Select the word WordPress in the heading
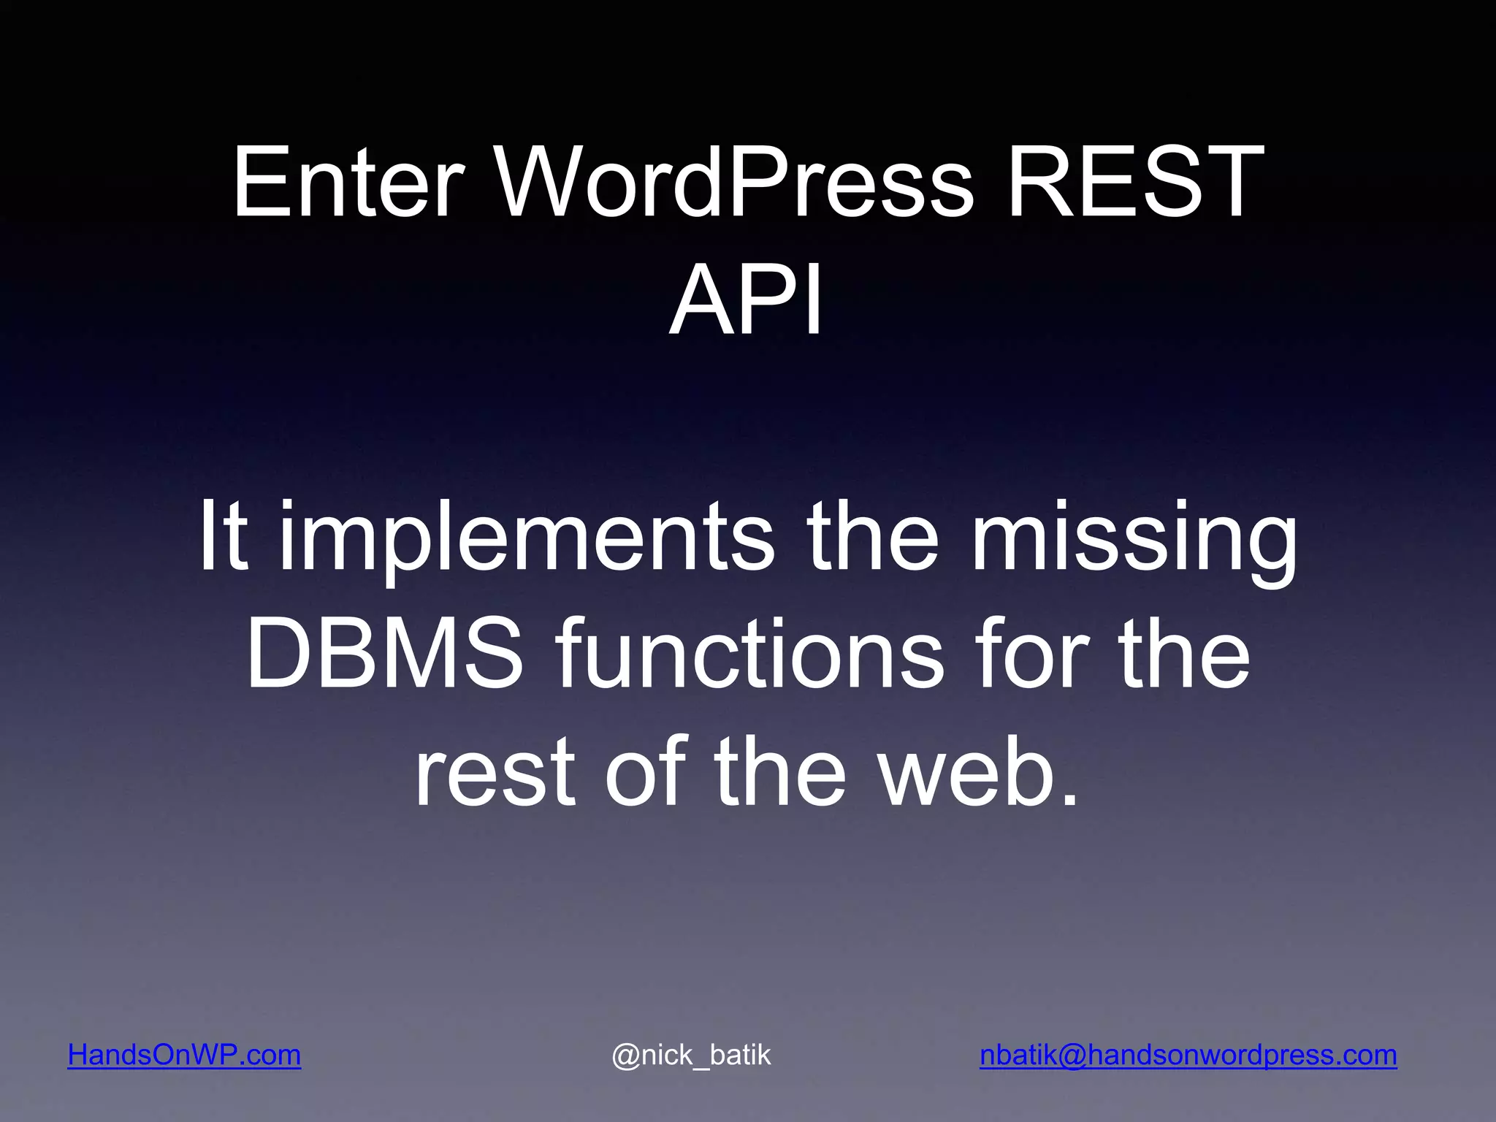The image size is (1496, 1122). (734, 182)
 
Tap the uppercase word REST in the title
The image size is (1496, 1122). (1135, 182)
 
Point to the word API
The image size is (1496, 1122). (747, 300)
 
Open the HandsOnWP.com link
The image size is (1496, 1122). (184, 1055)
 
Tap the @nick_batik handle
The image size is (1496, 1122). (691, 1055)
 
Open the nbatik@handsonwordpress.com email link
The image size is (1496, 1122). (1188, 1055)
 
